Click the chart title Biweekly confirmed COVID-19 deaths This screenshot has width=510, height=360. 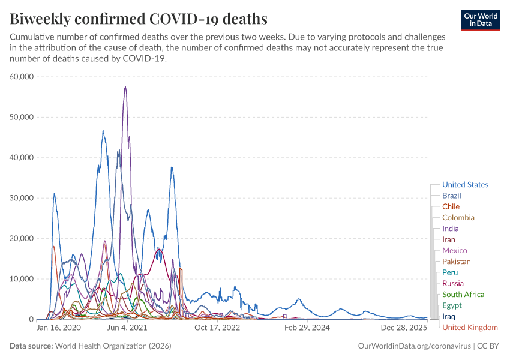(x=139, y=19)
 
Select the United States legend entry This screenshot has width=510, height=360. (x=465, y=185)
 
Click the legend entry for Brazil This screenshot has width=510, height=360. (x=452, y=196)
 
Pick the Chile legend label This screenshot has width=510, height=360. (x=451, y=206)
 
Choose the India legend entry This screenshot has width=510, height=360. (x=451, y=229)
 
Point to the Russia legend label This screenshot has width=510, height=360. (x=453, y=283)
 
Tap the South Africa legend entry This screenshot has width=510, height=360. (x=463, y=294)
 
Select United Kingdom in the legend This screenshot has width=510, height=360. (x=470, y=327)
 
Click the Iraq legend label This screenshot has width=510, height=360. (x=449, y=316)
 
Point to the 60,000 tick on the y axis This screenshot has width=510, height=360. (x=22, y=77)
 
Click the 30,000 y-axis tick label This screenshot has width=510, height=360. (x=22, y=198)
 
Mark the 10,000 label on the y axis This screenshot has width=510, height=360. (x=22, y=279)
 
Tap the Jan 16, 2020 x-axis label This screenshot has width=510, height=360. (x=59, y=328)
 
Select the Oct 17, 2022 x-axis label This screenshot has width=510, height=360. (x=217, y=328)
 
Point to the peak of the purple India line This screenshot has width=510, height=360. (x=125, y=87)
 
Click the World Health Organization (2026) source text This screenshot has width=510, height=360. (x=113, y=346)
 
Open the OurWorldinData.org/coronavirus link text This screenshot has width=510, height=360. (x=414, y=346)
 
